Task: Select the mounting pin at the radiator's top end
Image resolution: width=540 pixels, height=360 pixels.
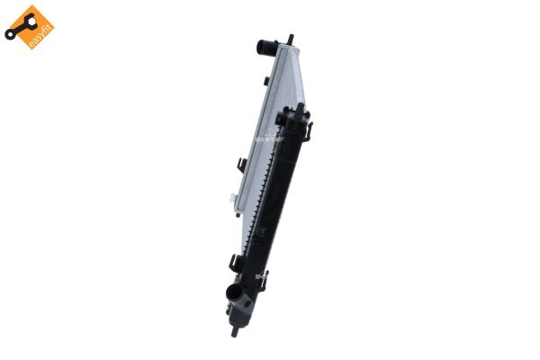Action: pos(290,39)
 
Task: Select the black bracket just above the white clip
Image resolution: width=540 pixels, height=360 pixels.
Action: pos(242,166)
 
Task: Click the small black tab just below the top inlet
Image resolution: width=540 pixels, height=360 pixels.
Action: pos(270,78)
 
